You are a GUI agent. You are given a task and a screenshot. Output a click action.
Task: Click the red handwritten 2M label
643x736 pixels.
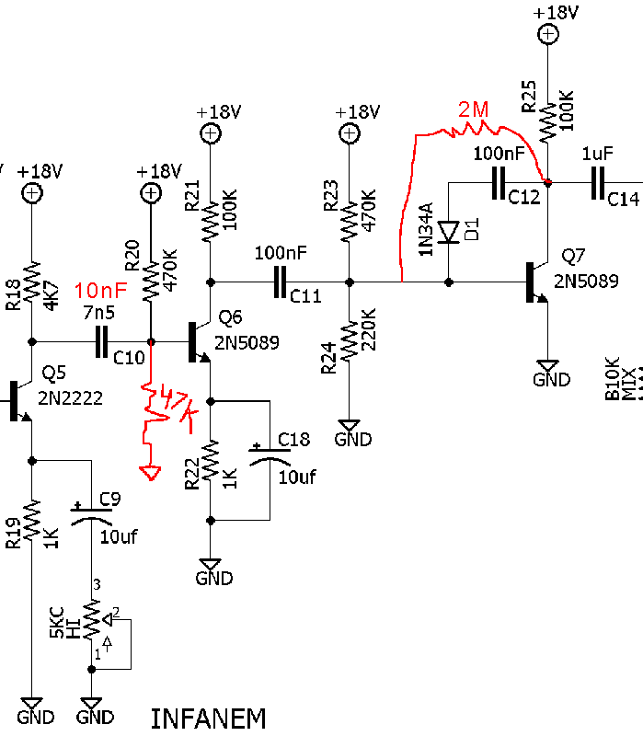[473, 111]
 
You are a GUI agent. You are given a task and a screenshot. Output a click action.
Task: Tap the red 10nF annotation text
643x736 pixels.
[100, 288]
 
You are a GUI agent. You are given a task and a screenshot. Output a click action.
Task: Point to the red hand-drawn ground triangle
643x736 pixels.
[149, 473]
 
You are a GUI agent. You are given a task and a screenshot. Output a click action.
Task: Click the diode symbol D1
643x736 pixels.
[448, 233]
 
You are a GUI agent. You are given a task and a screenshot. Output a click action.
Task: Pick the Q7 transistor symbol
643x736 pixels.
[535, 282]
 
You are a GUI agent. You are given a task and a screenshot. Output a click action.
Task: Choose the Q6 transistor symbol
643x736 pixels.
[197, 341]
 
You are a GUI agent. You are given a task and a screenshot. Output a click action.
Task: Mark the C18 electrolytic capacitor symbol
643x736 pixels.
[268, 457]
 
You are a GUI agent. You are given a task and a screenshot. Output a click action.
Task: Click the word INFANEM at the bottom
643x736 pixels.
[208, 719]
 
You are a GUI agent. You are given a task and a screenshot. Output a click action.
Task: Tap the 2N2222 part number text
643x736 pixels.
[71, 398]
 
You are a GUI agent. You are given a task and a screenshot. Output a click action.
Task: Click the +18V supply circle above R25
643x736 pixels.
[547, 35]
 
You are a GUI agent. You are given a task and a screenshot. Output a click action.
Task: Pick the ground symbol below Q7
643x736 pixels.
[547, 365]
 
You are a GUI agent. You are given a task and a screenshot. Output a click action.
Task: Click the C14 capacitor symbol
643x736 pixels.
[600, 183]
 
